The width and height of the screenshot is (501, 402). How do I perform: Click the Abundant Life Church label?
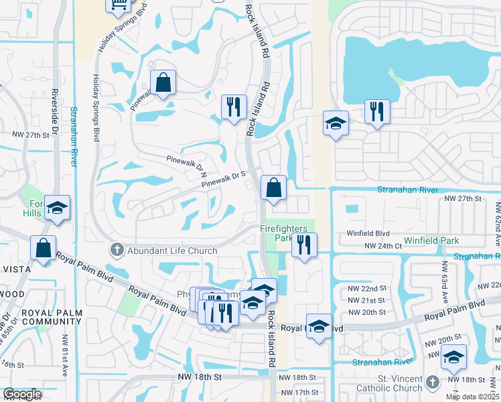click(x=171, y=251)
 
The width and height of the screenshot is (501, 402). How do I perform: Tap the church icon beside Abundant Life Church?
click(x=117, y=251)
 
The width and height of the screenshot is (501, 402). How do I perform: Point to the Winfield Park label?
click(x=431, y=240)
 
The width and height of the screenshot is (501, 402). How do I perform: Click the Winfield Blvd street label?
click(x=368, y=233)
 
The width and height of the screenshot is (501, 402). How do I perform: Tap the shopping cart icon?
click(x=119, y=5)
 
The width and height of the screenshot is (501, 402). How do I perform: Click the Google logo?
click(x=22, y=394)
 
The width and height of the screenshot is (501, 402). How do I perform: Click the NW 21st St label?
click(x=366, y=301)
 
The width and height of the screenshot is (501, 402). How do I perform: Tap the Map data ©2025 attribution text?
click(x=472, y=397)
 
